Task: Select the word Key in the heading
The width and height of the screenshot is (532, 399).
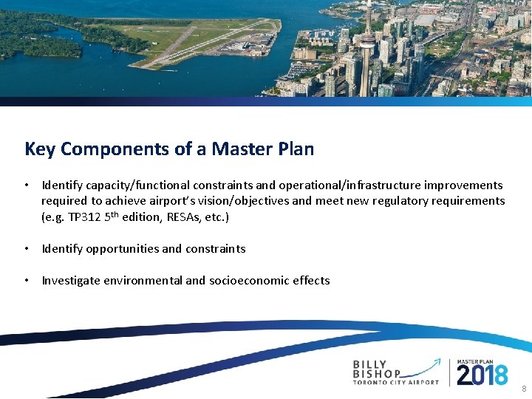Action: click(x=40, y=149)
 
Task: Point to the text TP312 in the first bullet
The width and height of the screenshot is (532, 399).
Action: click(x=86, y=217)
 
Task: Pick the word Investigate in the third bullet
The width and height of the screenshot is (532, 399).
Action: click(x=71, y=281)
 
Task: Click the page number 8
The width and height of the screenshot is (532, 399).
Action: click(x=524, y=389)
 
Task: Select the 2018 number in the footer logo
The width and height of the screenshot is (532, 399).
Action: click(x=482, y=375)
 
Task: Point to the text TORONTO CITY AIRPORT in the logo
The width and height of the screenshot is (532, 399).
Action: click(x=395, y=383)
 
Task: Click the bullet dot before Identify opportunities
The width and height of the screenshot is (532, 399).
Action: click(x=26, y=249)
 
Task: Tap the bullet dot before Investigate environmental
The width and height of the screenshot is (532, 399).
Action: click(x=26, y=281)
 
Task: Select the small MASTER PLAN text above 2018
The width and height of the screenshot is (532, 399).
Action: click(x=481, y=361)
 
